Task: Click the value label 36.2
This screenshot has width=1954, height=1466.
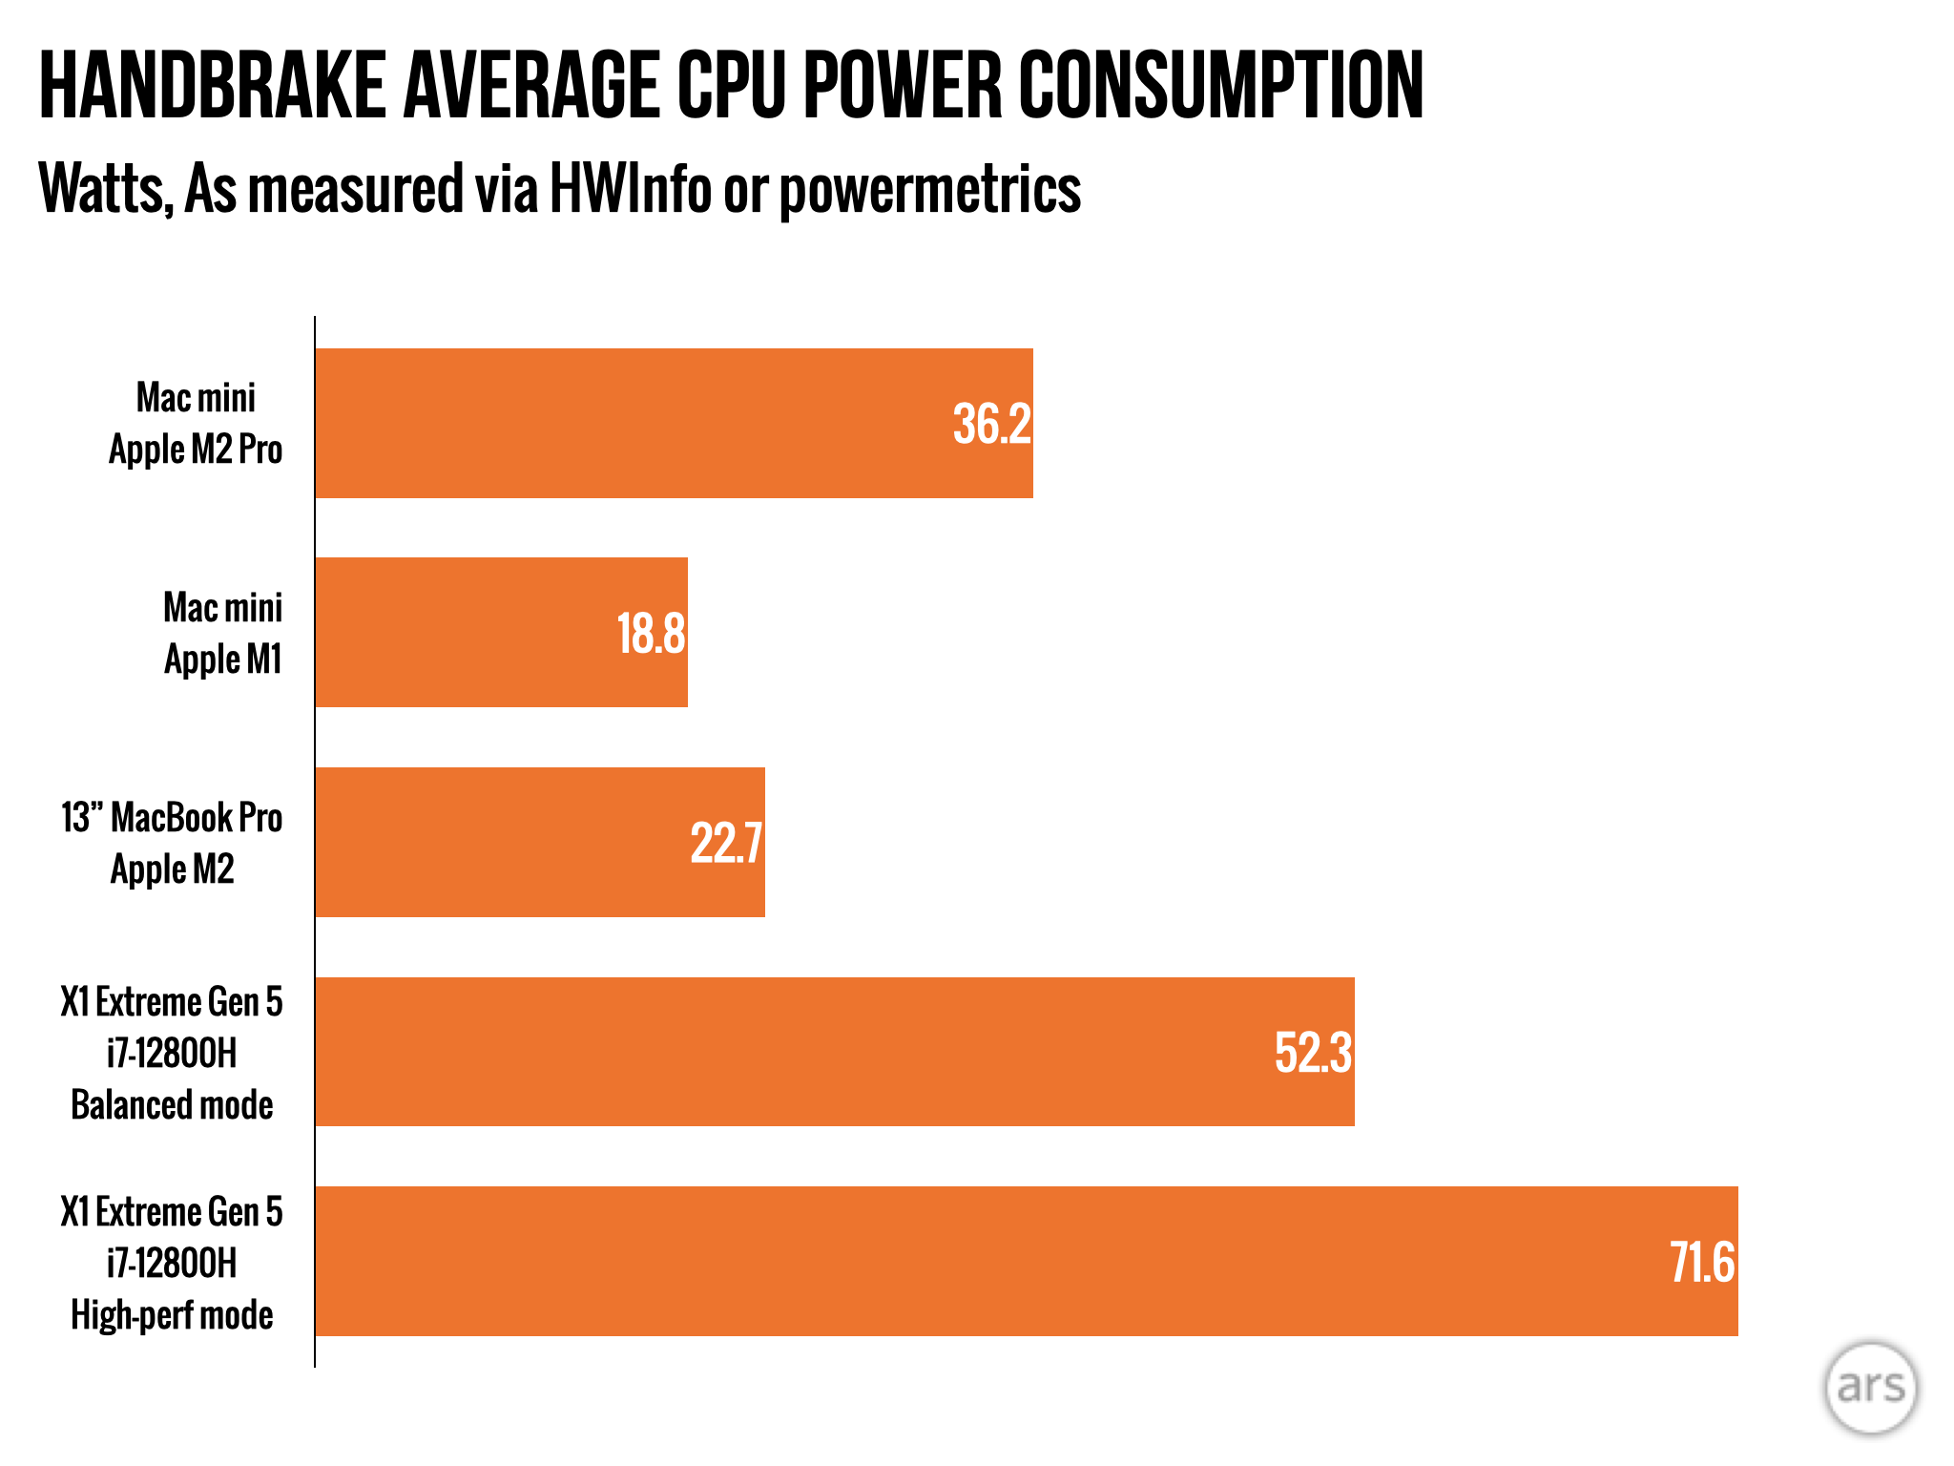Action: (992, 425)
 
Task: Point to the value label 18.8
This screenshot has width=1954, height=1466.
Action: (651, 634)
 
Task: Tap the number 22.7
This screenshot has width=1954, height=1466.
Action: (726, 844)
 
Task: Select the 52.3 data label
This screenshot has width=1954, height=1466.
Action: (1313, 1053)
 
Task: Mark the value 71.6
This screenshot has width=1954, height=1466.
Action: (1702, 1263)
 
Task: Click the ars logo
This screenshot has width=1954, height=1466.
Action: (1870, 1387)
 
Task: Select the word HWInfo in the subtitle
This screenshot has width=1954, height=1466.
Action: (631, 189)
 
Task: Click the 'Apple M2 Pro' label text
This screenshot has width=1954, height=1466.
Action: (196, 450)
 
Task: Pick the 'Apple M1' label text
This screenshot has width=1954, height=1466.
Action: (223, 660)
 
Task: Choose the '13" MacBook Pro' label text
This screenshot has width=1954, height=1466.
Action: (172, 818)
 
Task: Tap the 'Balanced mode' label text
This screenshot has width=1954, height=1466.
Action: (172, 1105)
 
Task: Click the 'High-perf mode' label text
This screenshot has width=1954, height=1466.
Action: (172, 1315)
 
